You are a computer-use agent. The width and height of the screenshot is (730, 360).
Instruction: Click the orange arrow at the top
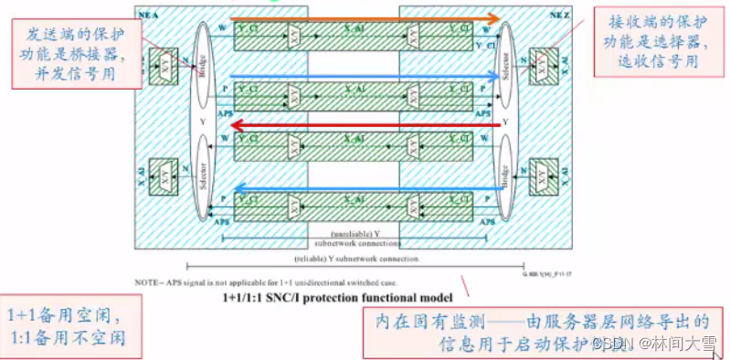365,18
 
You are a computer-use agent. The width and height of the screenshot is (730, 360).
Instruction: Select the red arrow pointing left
365,125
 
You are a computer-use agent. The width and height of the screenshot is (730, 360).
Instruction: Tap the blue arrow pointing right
365,77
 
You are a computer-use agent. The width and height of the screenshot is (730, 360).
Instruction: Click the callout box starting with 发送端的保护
79,52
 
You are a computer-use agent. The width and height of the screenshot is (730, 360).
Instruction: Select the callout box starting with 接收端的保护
653,40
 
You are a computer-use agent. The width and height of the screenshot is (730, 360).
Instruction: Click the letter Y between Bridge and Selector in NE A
203,122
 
